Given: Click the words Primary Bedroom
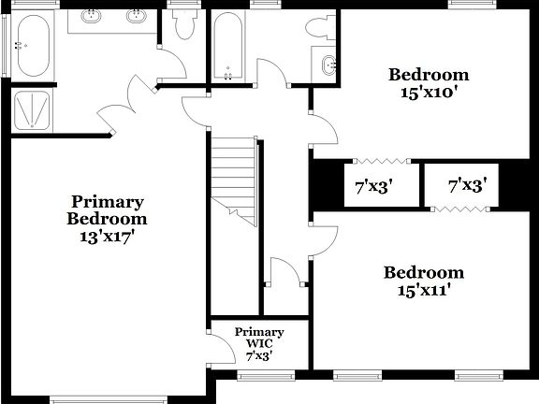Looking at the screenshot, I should [x=108, y=210].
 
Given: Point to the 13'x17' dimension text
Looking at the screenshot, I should [x=108, y=238].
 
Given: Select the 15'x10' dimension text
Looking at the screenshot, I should [x=429, y=93].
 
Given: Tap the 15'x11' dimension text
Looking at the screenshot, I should [x=423, y=291].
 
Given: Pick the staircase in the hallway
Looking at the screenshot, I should [x=234, y=178].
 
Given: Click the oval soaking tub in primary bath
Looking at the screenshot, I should [x=32, y=46].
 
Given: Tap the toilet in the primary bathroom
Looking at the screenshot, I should [x=183, y=24].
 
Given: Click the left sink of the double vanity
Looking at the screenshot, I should [x=93, y=16].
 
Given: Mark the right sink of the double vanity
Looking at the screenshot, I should [x=136, y=16].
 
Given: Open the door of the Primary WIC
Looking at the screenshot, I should [x=222, y=350].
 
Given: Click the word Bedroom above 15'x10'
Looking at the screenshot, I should [x=429, y=75].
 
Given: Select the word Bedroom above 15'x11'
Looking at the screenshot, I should [x=423, y=273].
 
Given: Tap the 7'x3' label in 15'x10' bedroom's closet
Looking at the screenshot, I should [x=373, y=186].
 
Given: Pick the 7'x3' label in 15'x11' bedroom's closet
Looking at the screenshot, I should [x=467, y=186].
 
